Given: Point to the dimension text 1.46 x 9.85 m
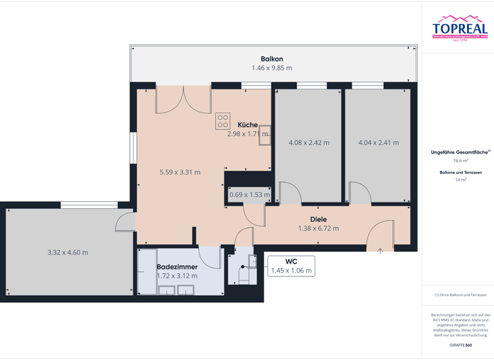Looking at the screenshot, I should tap(271, 67).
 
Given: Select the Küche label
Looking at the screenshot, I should tap(248, 125).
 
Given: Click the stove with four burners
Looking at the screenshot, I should tap(223, 121).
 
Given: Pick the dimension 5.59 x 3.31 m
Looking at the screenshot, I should tap(180, 172).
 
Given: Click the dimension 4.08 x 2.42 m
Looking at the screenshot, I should tap(309, 143).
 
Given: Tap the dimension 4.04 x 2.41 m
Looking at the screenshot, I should tap(378, 143).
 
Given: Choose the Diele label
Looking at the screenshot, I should tap(318, 219).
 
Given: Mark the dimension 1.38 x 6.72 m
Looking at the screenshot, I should tap(318, 228).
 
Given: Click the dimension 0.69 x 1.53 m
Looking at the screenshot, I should tap(250, 195).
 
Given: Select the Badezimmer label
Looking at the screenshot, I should tap(177, 266).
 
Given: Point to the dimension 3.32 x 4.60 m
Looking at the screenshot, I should tap(68, 253).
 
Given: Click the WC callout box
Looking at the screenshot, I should tap(291, 266).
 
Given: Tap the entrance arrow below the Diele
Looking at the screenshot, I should tap(380, 251).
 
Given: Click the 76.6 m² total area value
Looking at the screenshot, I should tap(461, 161).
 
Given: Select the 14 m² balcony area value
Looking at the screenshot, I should tap(461, 180).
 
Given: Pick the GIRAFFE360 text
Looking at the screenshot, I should tap(461, 345).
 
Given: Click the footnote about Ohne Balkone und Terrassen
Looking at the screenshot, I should tap(461, 295).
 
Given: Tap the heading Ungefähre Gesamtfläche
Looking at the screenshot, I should tap(459, 152).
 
